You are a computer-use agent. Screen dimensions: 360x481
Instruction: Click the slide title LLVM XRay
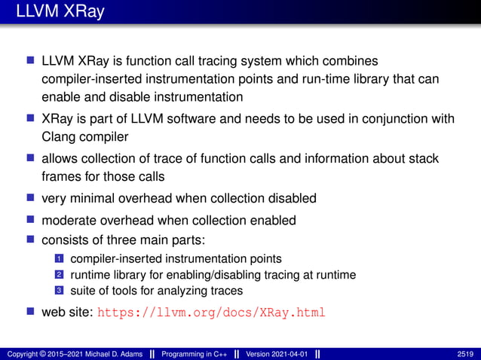54,13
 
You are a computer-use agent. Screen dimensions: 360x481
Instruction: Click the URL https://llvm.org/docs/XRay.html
211,313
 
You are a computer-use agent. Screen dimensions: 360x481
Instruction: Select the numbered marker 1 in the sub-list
58,259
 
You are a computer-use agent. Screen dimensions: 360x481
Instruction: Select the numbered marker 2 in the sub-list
58,275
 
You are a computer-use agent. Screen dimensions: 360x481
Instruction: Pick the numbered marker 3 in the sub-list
58,291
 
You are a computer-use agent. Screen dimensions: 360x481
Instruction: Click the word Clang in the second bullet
57,137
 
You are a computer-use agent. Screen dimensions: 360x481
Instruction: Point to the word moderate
71,220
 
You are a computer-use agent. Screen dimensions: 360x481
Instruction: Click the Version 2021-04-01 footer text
276,353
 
